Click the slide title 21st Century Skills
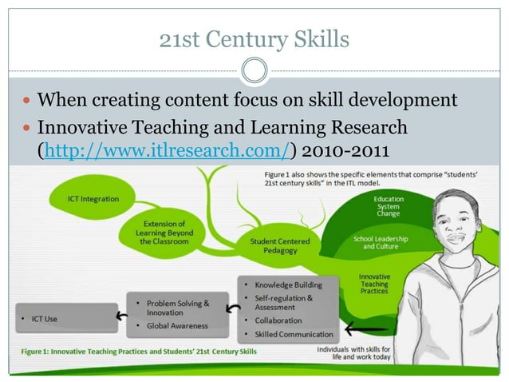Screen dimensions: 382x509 254,38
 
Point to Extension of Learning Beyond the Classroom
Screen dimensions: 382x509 166,233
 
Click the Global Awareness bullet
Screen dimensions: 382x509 176,326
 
